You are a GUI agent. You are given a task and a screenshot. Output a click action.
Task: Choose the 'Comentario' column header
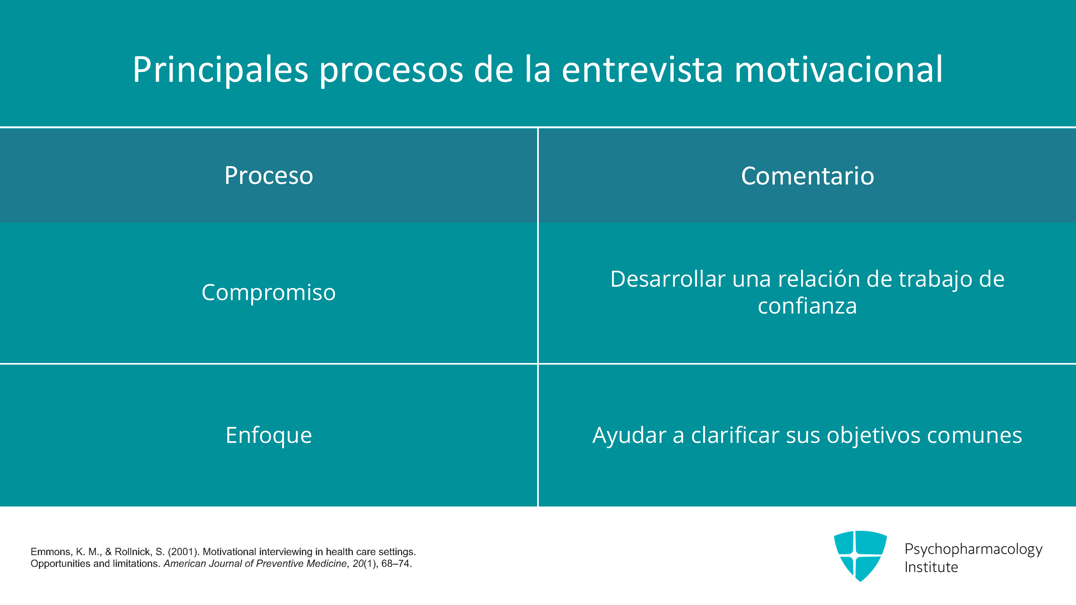point(808,176)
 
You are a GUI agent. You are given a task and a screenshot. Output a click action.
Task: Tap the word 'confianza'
point(808,306)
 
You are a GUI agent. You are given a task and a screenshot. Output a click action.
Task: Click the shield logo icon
point(860,556)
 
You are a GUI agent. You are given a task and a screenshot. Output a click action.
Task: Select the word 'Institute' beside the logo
point(931,567)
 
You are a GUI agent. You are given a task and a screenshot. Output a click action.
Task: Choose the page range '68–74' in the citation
point(395,564)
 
